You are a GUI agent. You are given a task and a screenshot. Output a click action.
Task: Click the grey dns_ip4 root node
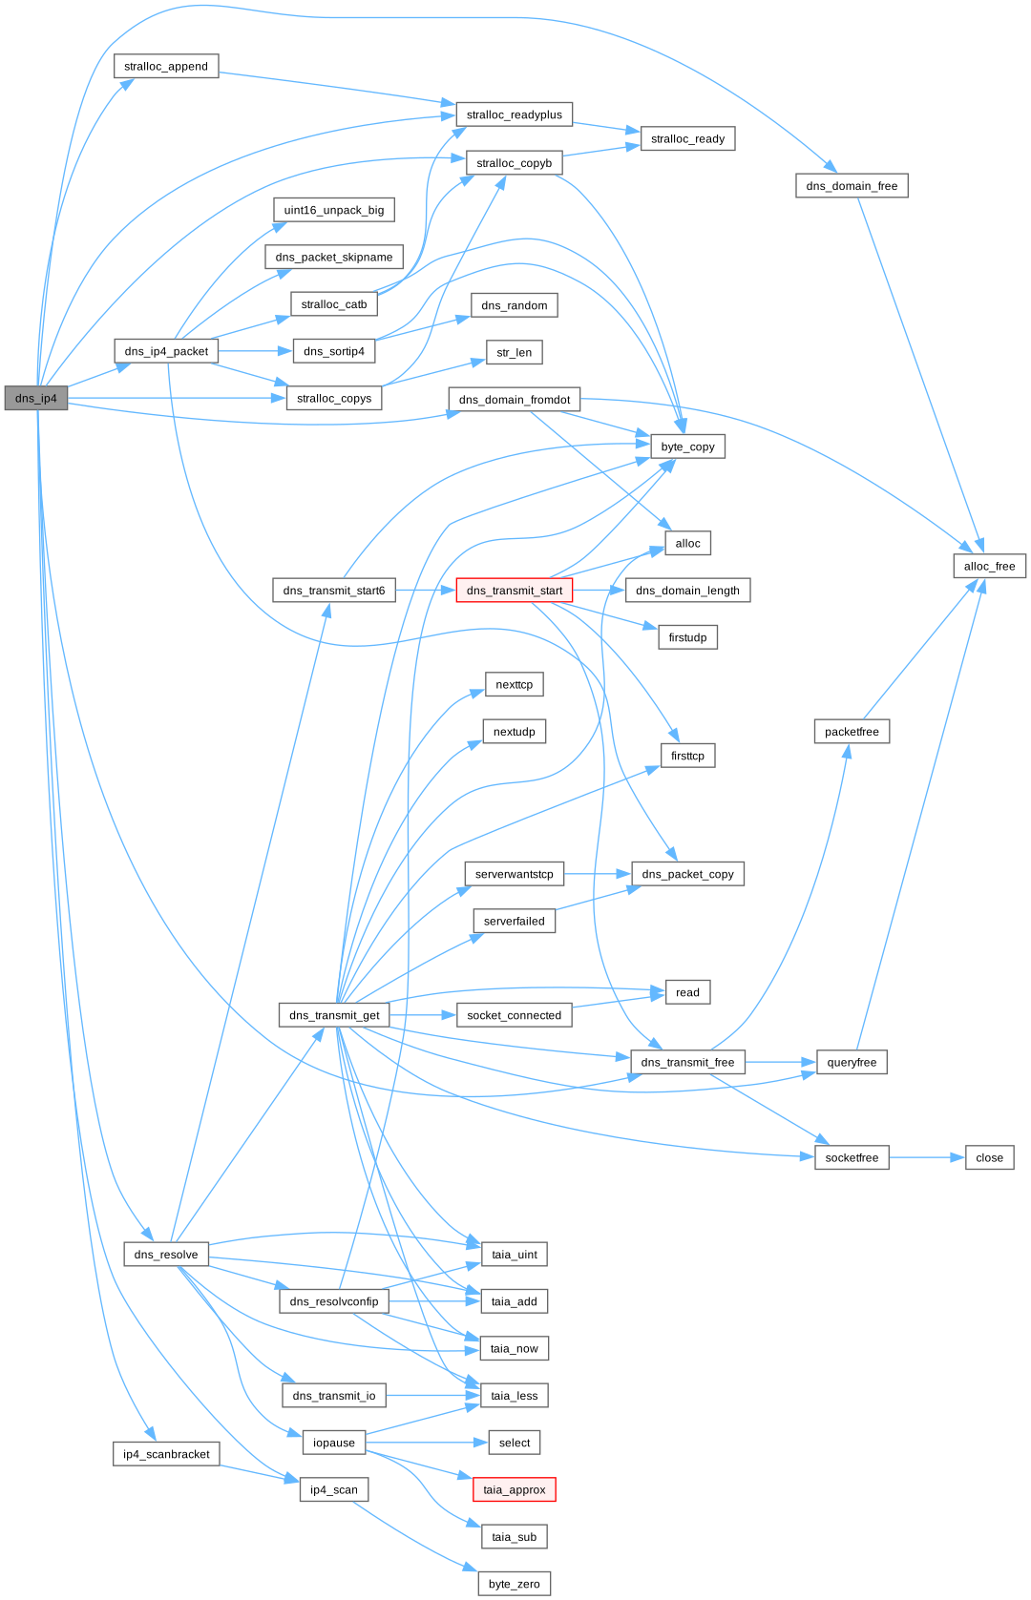coord(36,399)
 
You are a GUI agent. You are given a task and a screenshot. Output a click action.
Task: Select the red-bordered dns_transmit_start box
coord(515,591)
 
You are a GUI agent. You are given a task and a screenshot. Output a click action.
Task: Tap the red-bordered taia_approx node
coord(515,1490)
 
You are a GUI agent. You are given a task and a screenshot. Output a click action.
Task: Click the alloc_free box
coord(989,567)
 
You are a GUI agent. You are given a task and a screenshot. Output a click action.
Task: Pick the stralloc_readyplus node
coord(515,115)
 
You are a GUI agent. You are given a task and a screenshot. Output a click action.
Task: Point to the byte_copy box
coord(687,447)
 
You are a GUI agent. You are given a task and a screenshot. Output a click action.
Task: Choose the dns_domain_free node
coord(852,186)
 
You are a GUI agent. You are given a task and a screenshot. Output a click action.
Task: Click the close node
coord(989,1158)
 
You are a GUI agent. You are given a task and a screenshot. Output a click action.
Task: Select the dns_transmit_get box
coord(334,1015)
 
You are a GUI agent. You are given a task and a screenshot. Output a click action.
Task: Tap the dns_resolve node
coord(166,1255)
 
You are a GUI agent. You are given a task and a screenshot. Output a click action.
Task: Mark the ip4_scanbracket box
coord(166,1454)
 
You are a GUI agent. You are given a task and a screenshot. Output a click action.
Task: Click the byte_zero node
coord(515,1584)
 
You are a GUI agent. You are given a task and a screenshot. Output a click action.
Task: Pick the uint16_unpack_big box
coord(334,210)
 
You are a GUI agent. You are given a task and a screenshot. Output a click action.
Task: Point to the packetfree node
coord(852,732)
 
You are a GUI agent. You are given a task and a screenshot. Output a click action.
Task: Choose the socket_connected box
coord(515,1015)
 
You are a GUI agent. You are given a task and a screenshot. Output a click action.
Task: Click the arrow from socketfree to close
coord(927,1158)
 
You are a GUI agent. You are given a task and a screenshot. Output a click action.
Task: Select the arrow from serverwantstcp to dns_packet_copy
coord(598,874)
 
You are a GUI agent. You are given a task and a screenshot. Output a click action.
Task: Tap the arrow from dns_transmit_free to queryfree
coord(781,1062)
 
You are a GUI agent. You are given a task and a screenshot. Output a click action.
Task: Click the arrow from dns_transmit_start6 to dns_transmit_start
coord(426,591)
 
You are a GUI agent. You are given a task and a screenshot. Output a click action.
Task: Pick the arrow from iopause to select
coord(427,1443)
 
